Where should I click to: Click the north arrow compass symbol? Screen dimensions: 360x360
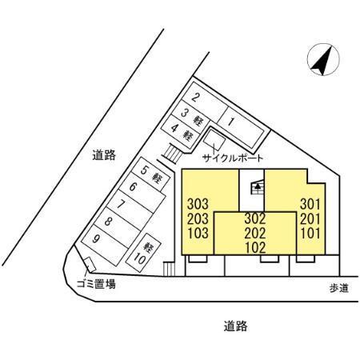coord(323,59)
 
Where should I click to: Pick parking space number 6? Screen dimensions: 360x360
coord(142,193)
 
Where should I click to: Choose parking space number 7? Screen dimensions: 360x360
coord(130,210)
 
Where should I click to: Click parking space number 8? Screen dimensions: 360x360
coord(118,227)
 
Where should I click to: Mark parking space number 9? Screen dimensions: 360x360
coord(105,245)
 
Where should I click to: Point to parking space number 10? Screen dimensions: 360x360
coord(143,253)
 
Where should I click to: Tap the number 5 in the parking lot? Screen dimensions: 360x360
coord(144,170)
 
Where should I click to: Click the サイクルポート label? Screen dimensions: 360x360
coord(233,158)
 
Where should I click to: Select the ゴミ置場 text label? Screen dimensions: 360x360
coord(96,284)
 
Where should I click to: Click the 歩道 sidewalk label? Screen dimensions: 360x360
coord(339,288)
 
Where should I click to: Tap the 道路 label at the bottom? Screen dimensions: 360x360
coord(236,326)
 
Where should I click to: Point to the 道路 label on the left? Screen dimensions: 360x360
coord(104,155)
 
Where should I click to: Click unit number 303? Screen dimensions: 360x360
coord(198,205)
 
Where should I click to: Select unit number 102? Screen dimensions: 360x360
coord(255,248)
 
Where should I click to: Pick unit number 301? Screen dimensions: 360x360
coord(310,205)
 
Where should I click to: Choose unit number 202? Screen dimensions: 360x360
coord(255,234)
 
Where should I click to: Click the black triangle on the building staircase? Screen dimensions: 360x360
coord(258,186)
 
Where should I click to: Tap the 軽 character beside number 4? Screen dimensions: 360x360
coord(187,134)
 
